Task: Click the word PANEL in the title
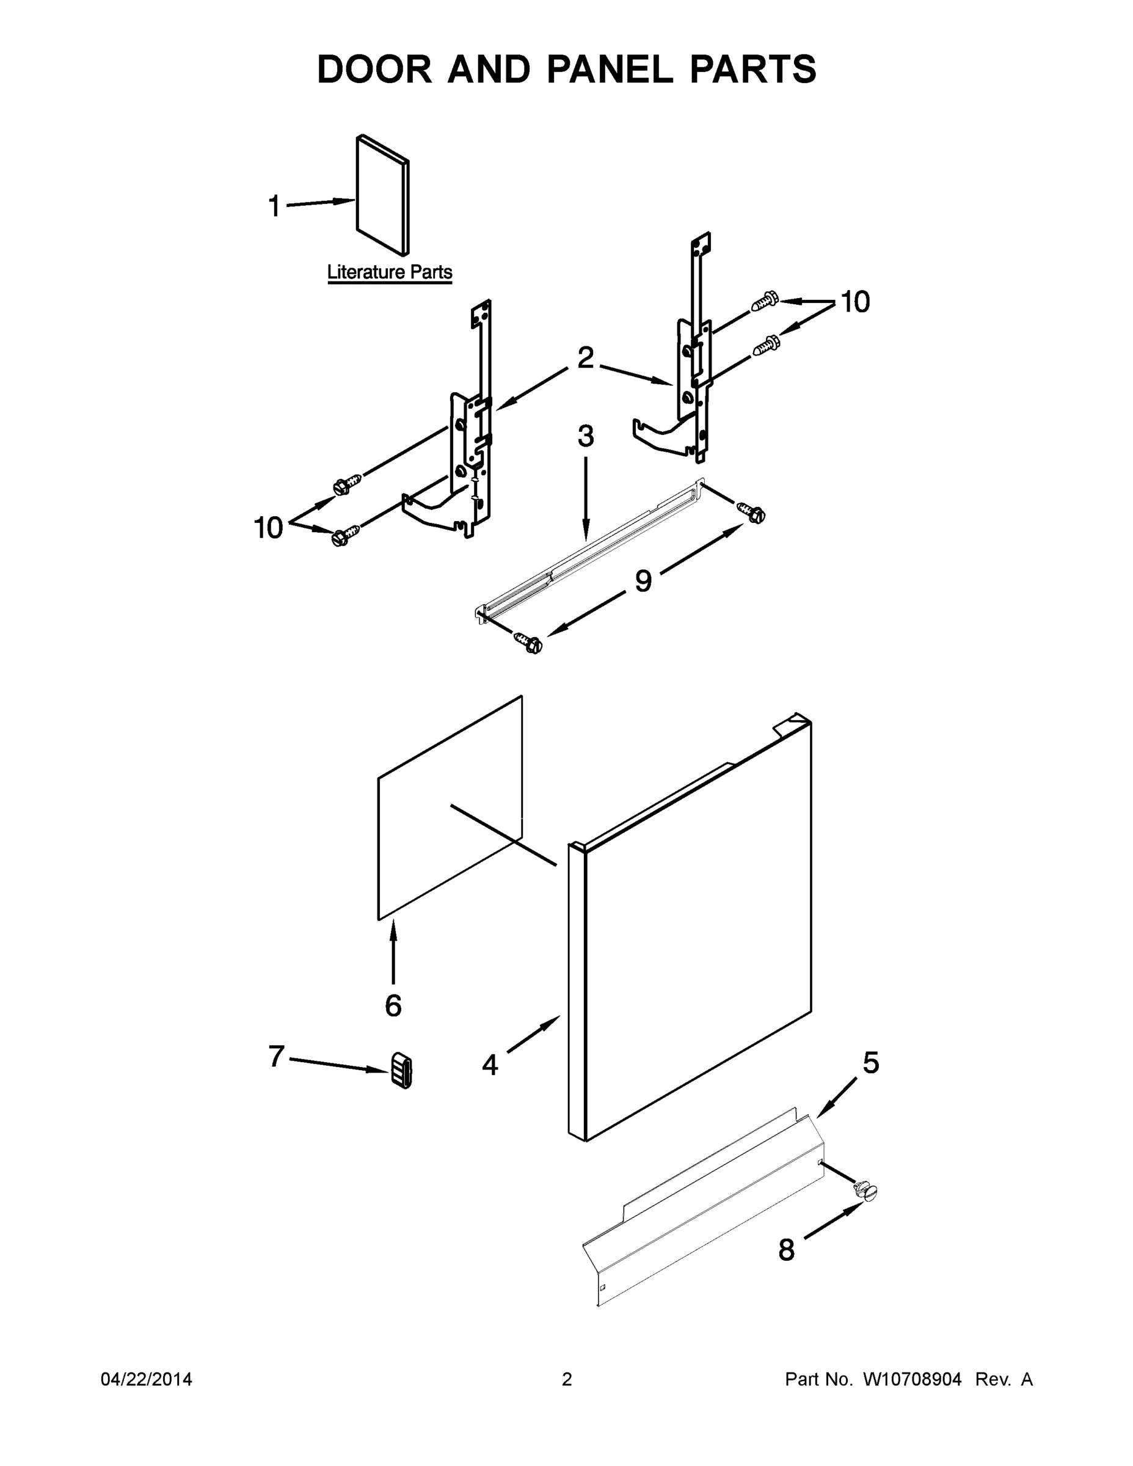coord(610,69)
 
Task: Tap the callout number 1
coord(274,206)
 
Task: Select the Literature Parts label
coord(389,272)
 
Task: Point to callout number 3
coord(585,436)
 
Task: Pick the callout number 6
coord(393,1005)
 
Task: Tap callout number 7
coord(277,1057)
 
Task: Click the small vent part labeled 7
coord(401,1070)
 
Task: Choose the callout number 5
coord(870,1063)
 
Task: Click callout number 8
coord(786,1250)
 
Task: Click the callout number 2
coord(585,358)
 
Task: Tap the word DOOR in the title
coord(374,69)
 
